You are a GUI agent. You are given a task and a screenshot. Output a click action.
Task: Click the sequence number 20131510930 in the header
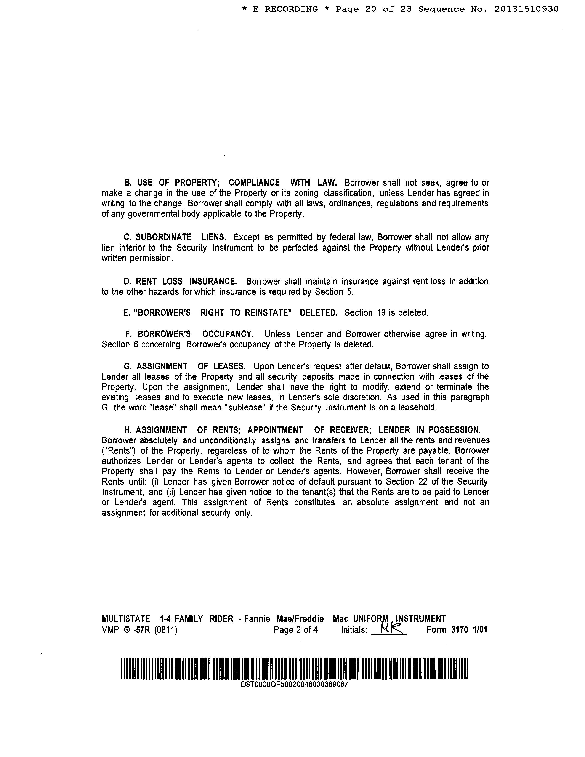coord(526,9)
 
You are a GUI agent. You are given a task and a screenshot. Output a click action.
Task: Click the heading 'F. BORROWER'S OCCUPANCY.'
coord(189,334)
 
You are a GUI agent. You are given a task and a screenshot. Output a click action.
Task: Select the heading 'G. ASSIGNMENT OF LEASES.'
coord(185,366)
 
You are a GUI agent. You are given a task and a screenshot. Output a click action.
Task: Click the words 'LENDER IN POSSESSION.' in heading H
coord(429,430)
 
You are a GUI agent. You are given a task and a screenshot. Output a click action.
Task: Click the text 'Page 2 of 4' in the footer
coord(296,629)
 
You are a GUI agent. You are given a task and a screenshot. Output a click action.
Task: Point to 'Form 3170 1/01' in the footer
coord(456,629)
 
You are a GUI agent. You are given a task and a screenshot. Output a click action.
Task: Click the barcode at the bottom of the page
coord(294,668)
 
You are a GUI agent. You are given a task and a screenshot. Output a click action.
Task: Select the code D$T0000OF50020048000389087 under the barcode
coord(294,685)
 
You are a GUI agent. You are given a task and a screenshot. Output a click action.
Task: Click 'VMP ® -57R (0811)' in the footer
coord(139,629)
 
